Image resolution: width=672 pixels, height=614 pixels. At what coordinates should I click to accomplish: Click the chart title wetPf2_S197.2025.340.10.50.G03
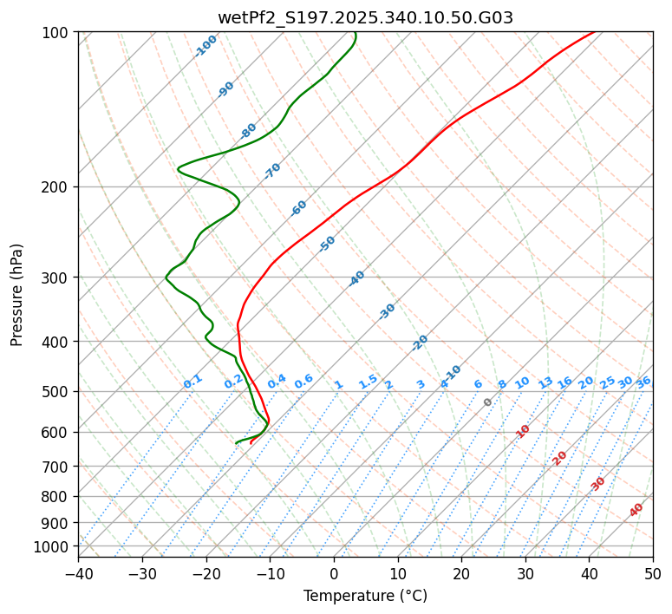pyautogui.click(x=365, y=17)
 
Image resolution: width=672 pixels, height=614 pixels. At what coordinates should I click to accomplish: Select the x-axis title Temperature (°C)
pyautogui.click(x=365, y=597)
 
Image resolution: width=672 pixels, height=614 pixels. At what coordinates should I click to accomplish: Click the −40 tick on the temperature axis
pyautogui.click(x=78, y=573)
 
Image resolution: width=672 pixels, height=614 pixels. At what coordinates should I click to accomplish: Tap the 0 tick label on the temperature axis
pyautogui.click(x=334, y=573)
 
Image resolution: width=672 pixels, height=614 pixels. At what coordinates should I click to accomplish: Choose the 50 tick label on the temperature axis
pyautogui.click(x=653, y=573)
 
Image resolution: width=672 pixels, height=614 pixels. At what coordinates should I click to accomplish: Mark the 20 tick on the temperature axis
pyautogui.click(x=461, y=573)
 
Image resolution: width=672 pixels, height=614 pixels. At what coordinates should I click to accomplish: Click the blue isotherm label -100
pyautogui.click(x=206, y=46)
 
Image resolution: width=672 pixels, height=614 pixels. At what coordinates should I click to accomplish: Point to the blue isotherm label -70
pyautogui.click(x=272, y=171)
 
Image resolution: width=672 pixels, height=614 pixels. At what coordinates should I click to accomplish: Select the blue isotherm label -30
pyautogui.click(x=387, y=311)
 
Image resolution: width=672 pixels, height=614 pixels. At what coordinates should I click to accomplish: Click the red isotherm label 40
pyautogui.click(x=636, y=510)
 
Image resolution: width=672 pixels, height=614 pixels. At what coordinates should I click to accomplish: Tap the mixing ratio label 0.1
pyautogui.click(x=192, y=382)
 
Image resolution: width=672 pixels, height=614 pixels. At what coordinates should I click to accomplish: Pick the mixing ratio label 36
pyautogui.click(x=643, y=382)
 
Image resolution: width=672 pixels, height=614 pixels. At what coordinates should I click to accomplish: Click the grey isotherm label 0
pyautogui.click(x=488, y=402)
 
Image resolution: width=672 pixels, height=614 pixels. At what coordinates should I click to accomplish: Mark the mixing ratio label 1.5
pyautogui.click(x=368, y=382)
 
